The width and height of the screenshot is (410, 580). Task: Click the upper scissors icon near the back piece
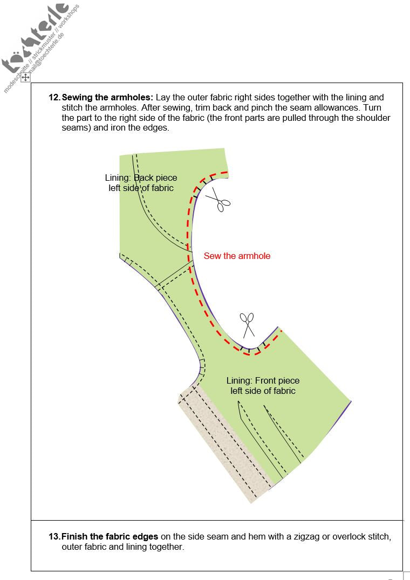click(218, 199)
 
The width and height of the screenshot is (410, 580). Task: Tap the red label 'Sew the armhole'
click(237, 256)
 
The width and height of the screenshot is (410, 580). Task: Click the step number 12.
click(54, 98)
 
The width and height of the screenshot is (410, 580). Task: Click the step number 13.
click(54, 537)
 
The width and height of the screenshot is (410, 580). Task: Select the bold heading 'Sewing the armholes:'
click(107, 98)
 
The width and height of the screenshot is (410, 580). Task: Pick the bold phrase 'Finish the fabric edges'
click(110, 537)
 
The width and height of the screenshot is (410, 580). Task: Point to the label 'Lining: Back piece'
click(141, 178)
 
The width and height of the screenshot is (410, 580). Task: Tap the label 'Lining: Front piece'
click(263, 381)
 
